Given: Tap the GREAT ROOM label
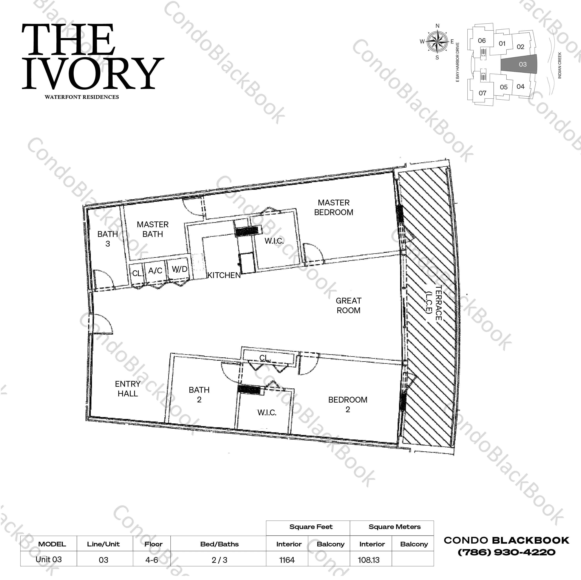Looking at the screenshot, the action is pyautogui.click(x=349, y=305).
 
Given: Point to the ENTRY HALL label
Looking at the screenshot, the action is pyautogui.click(x=128, y=389).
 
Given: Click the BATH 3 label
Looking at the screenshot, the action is pyautogui.click(x=108, y=239).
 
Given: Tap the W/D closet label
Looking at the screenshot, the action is pyautogui.click(x=179, y=269).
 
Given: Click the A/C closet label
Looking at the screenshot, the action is pyautogui.click(x=155, y=271).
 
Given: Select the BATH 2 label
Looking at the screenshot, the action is pyautogui.click(x=199, y=395).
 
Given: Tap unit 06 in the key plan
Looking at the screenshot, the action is pyautogui.click(x=482, y=41).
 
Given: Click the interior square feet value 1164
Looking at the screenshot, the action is pyautogui.click(x=287, y=560).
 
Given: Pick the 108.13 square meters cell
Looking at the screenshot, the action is pyautogui.click(x=369, y=560).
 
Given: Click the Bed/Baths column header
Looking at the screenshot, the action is pyautogui.click(x=219, y=544).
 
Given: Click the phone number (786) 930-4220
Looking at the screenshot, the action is pyautogui.click(x=506, y=552).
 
